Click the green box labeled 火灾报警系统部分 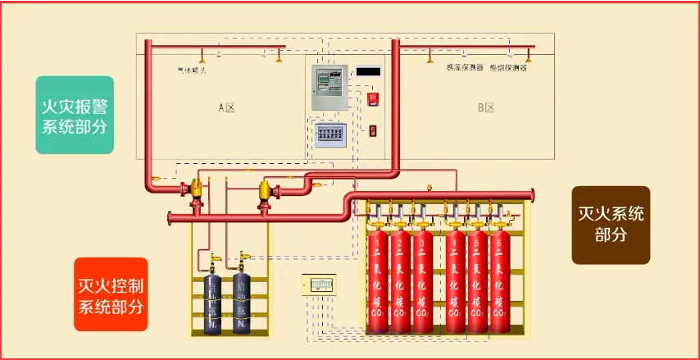pos(74,116)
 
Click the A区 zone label pos(226,107)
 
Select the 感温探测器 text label pos(463,68)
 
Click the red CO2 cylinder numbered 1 pos(377,283)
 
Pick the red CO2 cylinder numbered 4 pos(456,283)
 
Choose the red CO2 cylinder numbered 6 pos(499,283)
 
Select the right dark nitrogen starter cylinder pos(241,303)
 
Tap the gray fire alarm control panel pos(330,88)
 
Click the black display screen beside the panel pos(369,72)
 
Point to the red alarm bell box pos(373,99)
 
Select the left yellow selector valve pos(196,192)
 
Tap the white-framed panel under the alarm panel pos(333,134)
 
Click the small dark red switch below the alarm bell pos(373,130)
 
